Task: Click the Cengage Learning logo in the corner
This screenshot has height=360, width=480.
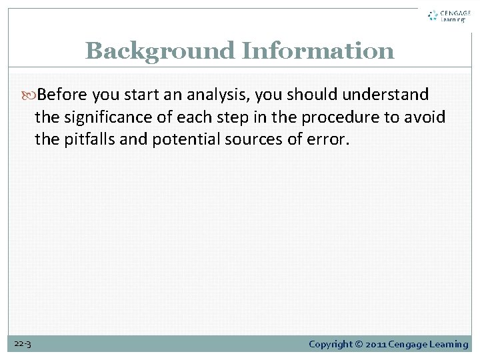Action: coord(449,16)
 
